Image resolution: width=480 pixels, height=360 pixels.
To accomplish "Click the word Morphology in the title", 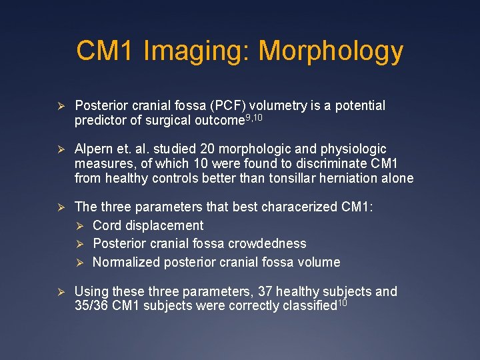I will tap(331, 51).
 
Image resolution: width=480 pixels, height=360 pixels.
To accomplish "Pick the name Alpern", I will tap(95, 149).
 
